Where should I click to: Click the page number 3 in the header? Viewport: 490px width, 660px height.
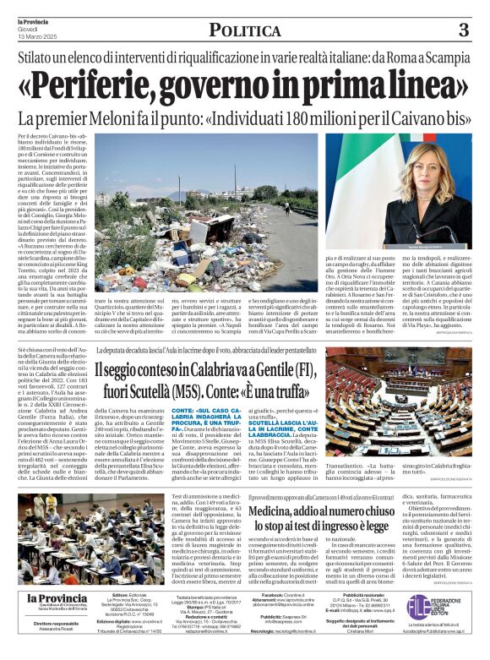tap(463, 30)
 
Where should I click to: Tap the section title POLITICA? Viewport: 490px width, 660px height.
tap(244, 31)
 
